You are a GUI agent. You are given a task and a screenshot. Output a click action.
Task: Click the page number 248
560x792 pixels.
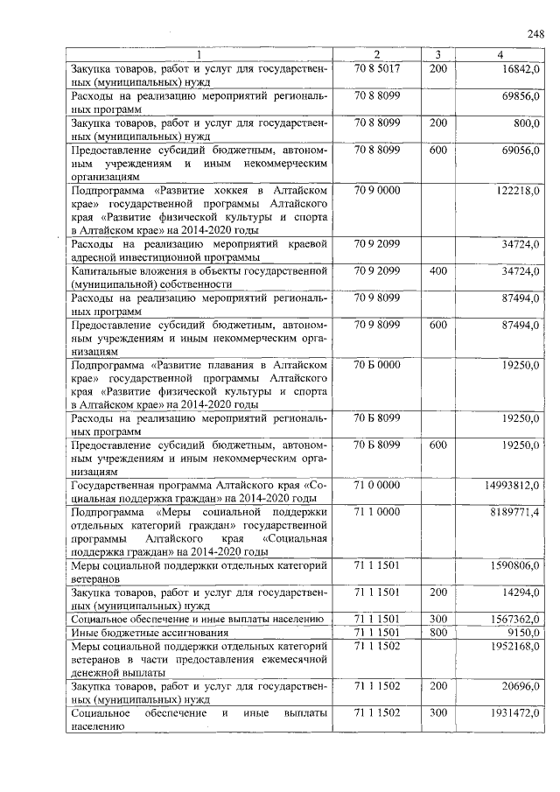pyautogui.click(x=535, y=34)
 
